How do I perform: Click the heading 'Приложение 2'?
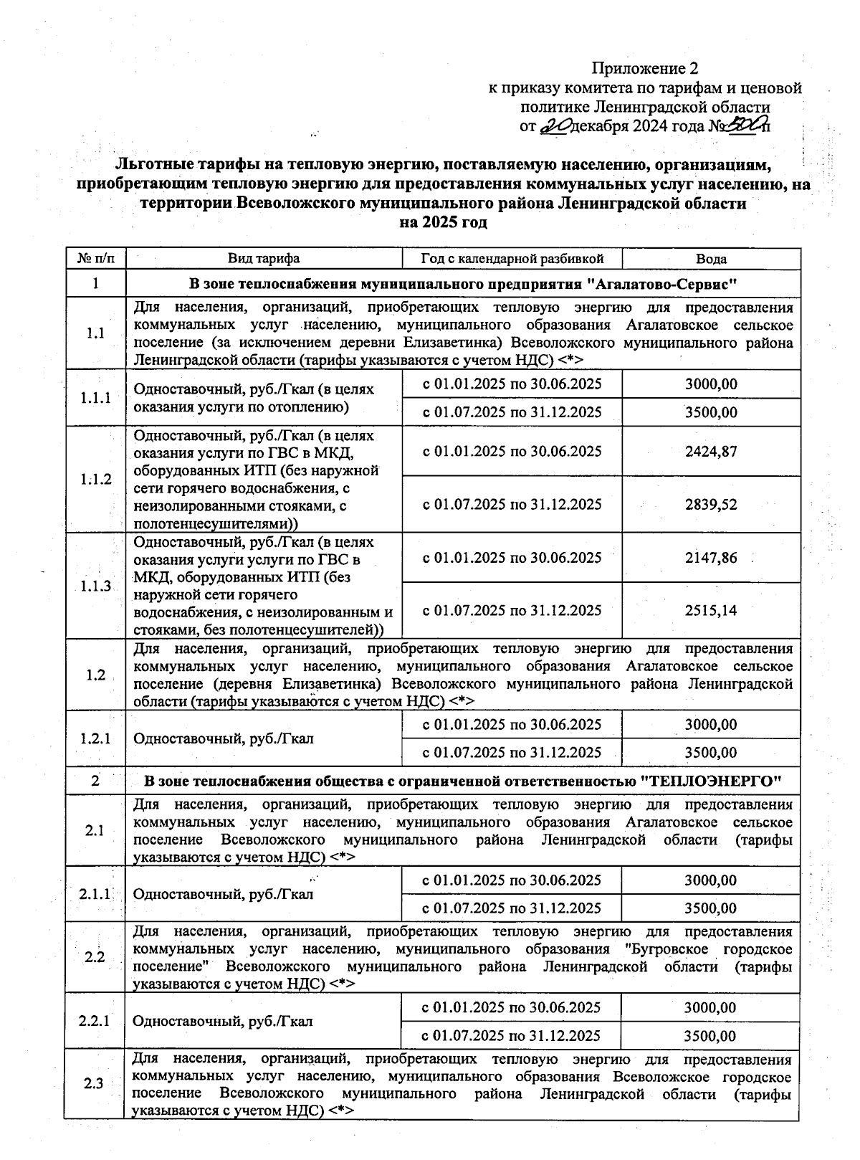point(644,69)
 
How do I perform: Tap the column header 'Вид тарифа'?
point(264,259)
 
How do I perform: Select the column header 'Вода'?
point(711,259)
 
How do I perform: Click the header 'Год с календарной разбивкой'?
point(512,259)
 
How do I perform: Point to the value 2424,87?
point(711,452)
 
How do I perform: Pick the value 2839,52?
point(711,505)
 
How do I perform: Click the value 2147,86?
point(711,558)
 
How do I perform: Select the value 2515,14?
point(711,611)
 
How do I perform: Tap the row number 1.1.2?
point(95,479)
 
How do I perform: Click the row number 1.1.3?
point(95,586)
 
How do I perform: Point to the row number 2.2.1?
point(94,1021)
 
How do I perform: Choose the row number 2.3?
point(94,1083)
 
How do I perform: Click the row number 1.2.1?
point(95,738)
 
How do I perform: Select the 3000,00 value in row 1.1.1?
point(711,384)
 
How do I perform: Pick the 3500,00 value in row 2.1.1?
point(711,908)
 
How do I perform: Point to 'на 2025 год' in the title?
point(444,222)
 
